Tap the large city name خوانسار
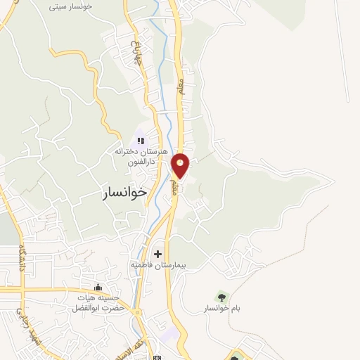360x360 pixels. point(120,191)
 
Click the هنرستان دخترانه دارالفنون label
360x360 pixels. point(140,156)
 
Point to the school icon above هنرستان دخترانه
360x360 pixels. point(140,141)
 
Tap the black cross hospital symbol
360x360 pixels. point(157,254)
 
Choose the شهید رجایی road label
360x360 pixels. point(20,320)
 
